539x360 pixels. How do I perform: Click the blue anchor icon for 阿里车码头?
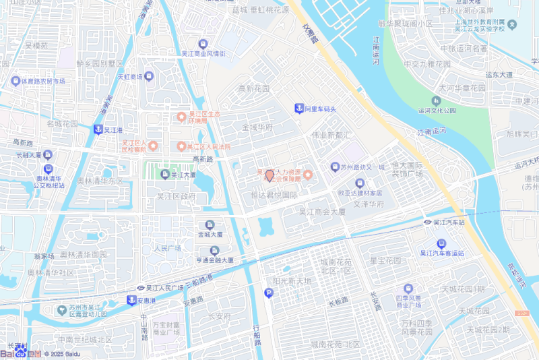[298, 109]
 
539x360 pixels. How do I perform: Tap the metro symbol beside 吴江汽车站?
[427, 222]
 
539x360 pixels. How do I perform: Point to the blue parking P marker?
[269, 293]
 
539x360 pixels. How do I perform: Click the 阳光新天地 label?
[292, 280]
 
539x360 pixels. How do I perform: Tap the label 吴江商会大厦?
[322, 212]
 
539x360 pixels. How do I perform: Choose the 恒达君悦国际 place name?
[274, 196]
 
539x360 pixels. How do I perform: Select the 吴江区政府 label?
[176, 196]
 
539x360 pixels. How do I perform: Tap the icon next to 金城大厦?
[210, 224]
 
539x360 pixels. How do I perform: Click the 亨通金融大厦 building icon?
[210, 250]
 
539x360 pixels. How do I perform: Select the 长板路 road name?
[338, 300]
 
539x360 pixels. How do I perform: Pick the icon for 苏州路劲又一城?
[335, 167]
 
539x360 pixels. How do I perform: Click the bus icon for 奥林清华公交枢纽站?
[47, 169]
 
